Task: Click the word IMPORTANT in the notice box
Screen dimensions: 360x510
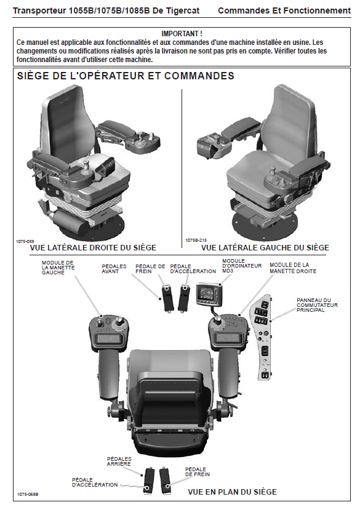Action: (x=180, y=33)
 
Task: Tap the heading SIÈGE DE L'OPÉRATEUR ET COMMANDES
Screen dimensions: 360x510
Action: (x=126, y=76)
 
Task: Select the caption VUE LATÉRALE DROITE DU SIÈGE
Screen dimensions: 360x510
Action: (x=93, y=247)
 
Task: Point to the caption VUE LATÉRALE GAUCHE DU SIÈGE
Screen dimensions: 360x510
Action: (x=265, y=247)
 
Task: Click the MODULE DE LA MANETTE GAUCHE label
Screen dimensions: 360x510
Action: (x=58, y=268)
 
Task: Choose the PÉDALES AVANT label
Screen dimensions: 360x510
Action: (x=114, y=269)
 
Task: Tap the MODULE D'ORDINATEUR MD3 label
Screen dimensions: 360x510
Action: (x=242, y=265)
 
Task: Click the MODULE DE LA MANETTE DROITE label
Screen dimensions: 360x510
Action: (x=293, y=268)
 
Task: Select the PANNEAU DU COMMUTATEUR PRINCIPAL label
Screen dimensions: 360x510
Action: (x=317, y=305)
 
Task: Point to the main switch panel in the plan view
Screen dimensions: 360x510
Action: (x=262, y=337)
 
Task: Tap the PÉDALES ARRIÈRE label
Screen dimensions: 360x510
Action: (x=119, y=461)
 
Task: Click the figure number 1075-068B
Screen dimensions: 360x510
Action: (x=28, y=495)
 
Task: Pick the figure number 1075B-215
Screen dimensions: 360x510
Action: (x=196, y=240)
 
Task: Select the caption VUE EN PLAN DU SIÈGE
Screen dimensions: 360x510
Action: (x=233, y=492)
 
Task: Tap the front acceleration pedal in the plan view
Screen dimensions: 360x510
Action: (x=184, y=298)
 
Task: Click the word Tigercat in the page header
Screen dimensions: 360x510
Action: (x=183, y=10)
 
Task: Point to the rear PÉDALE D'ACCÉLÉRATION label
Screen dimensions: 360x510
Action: (x=95, y=482)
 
